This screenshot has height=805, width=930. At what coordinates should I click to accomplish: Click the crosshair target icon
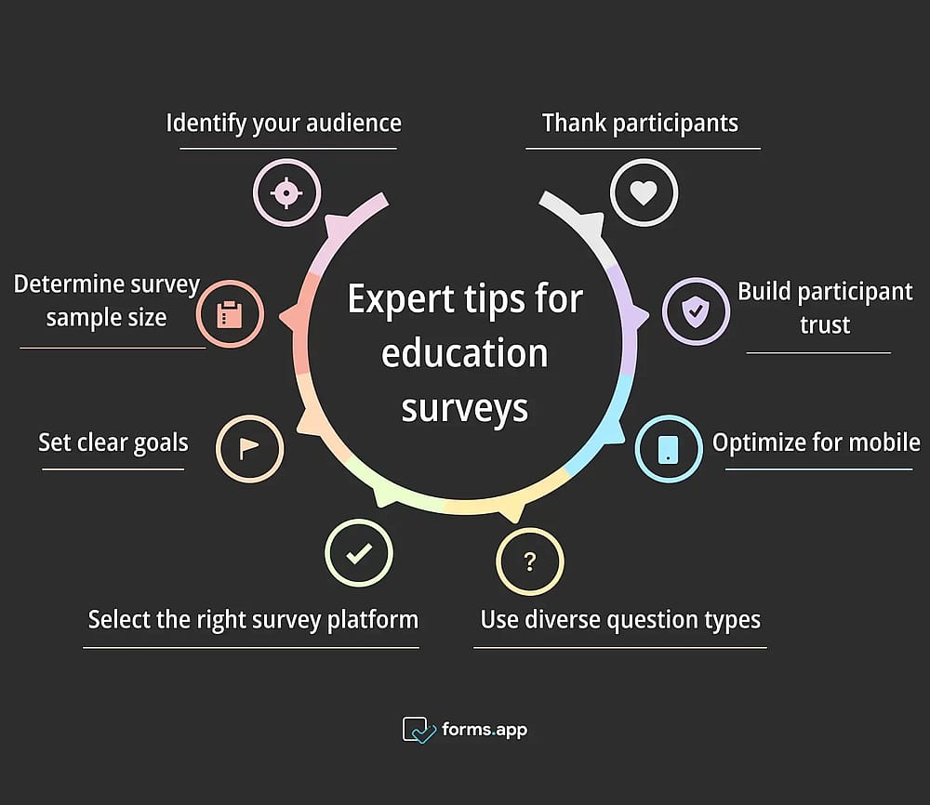(287, 192)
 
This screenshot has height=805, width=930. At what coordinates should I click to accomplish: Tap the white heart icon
(644, 192)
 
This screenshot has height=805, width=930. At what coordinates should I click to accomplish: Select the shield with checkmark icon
(696, 311)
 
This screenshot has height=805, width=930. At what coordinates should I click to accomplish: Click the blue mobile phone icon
(669, 449)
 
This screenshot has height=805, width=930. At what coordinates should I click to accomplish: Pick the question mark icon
(530, 561)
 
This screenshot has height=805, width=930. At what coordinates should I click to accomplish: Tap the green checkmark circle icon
(359, 553)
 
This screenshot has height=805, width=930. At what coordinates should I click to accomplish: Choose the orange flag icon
(249, 448)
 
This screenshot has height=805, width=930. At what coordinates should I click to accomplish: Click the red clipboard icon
(230, 313)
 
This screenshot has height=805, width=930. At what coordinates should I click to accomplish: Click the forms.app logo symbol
(418, 730)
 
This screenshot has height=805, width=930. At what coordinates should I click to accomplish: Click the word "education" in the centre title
(464, 353)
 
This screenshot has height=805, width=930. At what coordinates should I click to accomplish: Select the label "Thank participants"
(641, 124)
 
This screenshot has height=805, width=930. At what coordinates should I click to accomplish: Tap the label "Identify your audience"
(284, 124)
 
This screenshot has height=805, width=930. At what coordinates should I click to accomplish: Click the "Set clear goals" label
(113, 442)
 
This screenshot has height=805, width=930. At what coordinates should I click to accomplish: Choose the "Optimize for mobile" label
(817, 442)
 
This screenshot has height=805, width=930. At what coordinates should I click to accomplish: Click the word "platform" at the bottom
(373, 620)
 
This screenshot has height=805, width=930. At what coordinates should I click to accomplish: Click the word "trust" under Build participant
(825, 324)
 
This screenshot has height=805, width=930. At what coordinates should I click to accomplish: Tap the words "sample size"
(107, 318)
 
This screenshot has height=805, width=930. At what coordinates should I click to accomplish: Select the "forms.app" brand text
(485, 730)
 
